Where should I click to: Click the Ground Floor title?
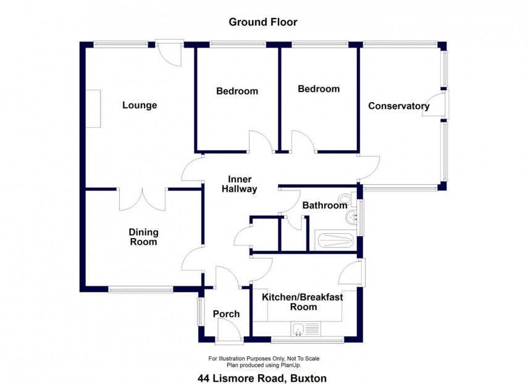263,22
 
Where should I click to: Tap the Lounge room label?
140,105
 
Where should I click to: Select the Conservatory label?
398,106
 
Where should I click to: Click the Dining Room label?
143,237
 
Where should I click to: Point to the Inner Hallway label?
239,184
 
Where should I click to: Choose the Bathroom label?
324,205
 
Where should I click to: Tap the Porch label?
226,314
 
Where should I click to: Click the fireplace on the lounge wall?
93,109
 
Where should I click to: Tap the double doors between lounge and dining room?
142,198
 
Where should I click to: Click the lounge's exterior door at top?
168,53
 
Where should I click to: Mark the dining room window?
140,289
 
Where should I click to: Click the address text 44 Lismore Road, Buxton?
262,378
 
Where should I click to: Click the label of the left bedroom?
237,91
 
